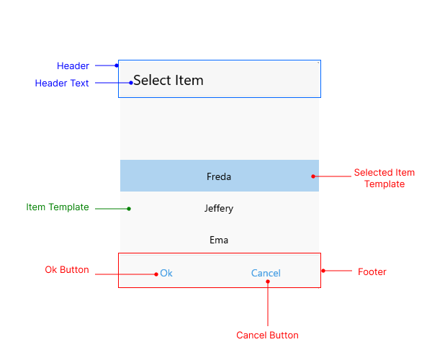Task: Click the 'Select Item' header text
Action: (x=168, y=81)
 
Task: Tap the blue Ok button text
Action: (x=166, y=273)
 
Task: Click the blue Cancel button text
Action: (x=266, y=273)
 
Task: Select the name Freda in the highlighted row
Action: (x=219, y=176)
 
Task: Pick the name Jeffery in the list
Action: (x=219, y=208)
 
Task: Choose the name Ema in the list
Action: (x=219, y=240)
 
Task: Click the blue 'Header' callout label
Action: (x=73, y=66)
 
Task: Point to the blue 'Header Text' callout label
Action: (x=62, y=84)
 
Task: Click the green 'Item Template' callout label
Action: (x=58, y=207)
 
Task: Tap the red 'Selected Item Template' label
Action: (x=384, y=179)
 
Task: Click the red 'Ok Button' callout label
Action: (x=67, y=270)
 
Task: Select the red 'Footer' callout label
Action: (x=372, y=271)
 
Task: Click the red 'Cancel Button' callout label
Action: (x=267, y=335)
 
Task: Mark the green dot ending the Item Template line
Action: (x=129, y=209)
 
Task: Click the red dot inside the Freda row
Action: (x=313, y=176)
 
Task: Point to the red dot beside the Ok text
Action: (x=156, y=274)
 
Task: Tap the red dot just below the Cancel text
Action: (x=267, y=282)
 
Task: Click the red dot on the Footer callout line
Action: (x=323, y=271)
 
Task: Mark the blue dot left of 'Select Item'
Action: (x=130, y=83)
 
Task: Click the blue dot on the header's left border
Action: (x=117, y=66)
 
